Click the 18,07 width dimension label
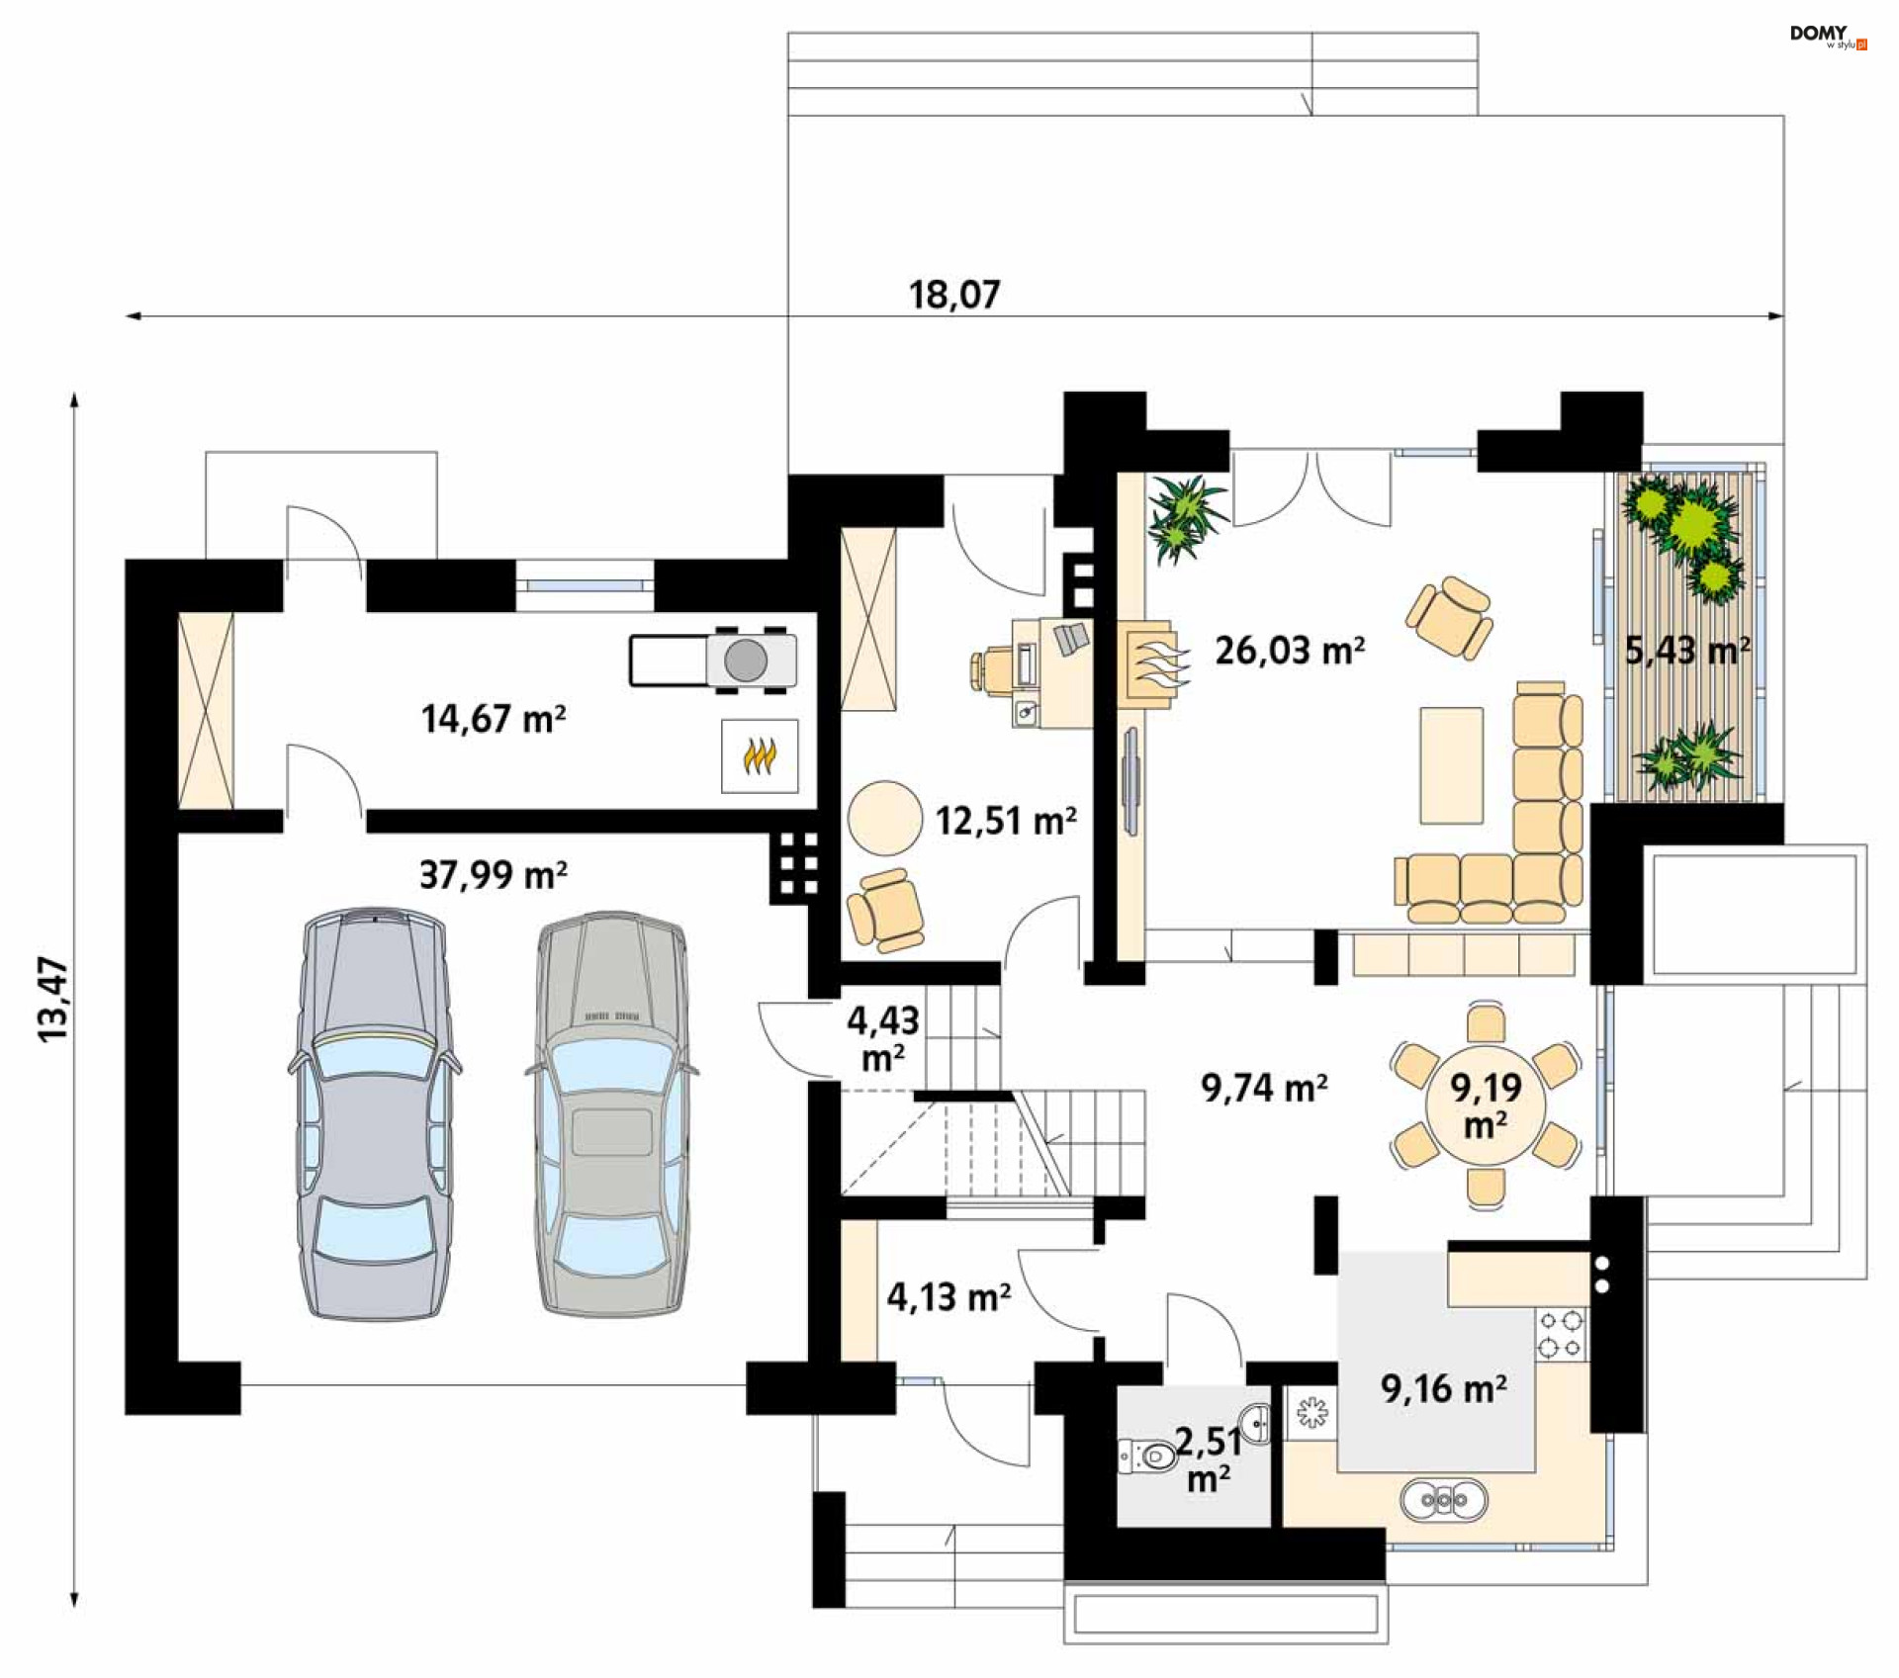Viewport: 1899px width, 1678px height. pyautogui.click(x=954, y=295)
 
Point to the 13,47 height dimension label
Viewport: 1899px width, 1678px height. pyautogui.click(x=53, y=999)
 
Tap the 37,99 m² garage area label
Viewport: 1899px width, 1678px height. pyautogui.click(x=494, y=875)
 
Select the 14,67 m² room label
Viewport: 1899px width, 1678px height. pyautogui.click(x=494, y=719)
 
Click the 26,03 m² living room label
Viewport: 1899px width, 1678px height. pyautogui.click(x=1290, y=651)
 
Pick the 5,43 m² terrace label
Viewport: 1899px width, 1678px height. pyautogui.click(x=1687, y=651)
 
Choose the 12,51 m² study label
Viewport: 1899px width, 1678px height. pyautogui.click(x=1006, y=821)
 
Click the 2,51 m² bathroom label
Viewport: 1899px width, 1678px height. pyautogui.click(x=1209, y=1459)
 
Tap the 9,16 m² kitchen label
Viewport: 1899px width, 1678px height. pyautogui.click(x=1444, y=1389)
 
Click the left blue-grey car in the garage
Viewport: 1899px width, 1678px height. pyautogui.click(x=374, y=1113)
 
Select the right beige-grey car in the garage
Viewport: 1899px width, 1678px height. pyautogui.click(x=612, y=1114)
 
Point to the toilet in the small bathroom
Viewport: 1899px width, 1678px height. pyautogui.click(x=1147, y=1456)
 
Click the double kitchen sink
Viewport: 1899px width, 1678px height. pyautogui.click(x=1444, y=1500)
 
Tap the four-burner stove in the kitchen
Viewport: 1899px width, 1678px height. pyautogui.click(x=1561, y=1334)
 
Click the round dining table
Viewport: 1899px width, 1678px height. pyautogui.click(x=1486, y=1104)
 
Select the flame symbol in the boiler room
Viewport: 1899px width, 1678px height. pyautogui.click(x=759, y=756)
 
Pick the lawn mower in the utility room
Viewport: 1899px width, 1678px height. pyautogui.click(x=713, y=660)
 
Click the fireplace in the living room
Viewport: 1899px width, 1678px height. pyautogui.click(x=1150, y=664)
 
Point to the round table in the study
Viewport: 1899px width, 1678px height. pyautogui.click(x=884, y=818)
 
